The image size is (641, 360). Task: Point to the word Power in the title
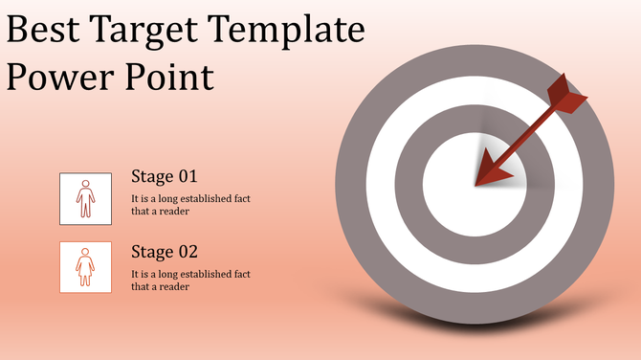point(59,77)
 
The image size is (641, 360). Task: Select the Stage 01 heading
point(164,177)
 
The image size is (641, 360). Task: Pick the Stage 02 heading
point(164,253)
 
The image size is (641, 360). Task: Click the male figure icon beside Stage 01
point(85,198)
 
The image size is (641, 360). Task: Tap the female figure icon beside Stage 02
point(85,266)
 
